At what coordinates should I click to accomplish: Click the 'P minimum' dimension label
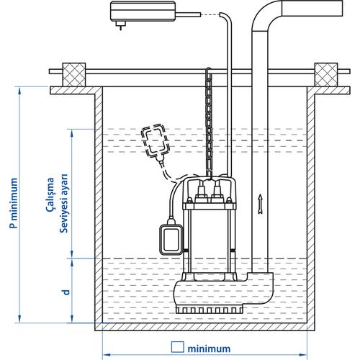pyautogui.click(x=14, y=203)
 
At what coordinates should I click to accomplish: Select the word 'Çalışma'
pyautogui.click(x=50, y=194)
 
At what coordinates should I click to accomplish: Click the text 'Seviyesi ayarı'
pyautogui.click(x=64, y=203)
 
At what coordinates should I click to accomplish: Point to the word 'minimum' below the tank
pyautogui.click(x=209, y=348)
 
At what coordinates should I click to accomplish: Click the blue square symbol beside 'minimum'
pyautogui.click(x=178, y=347)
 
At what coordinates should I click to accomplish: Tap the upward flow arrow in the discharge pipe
pyautogui.click(x=261, y=204)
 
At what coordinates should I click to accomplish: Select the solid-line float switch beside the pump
pyautogui.click(x=171, y=239)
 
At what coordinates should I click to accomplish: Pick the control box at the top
pyautogui.click(x=143, y=12)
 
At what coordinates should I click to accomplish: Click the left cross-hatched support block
pyautogui.click(x=74, y=75)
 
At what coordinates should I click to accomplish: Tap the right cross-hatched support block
pyautogui.click(x=326, y=75)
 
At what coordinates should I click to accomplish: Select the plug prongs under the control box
pyautogui.click(x=120, y=25)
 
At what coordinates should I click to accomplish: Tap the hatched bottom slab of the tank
pyautogui.click(x=204, y=327)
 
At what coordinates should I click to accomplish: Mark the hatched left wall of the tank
pyautogui.click(x=99, y=207)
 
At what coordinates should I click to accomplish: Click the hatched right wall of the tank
pyautogui.click(x=311, y=207)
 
